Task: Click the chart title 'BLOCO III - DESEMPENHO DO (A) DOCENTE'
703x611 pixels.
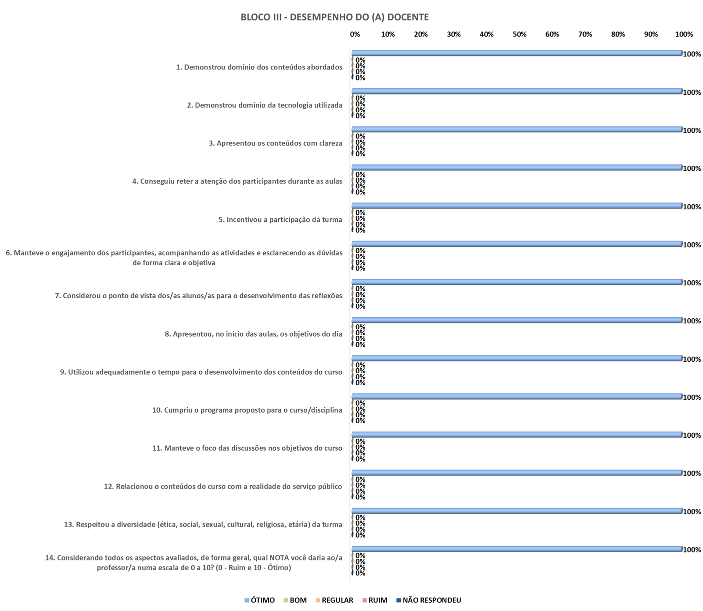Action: (x=334, y=17)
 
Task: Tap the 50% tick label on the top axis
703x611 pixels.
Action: (x=519, y=34)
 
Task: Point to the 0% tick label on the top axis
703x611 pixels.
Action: (x=355, y=34)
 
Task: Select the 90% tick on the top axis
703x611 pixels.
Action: (x=651, y=34)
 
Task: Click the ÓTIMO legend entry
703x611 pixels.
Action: (x=259, y=600)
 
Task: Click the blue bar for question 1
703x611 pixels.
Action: (x=517, y=53)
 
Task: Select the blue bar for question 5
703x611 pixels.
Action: (x=517, y=205)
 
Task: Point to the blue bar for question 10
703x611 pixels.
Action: (x=517, y=396)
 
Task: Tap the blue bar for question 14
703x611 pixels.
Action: (x=517, y=549)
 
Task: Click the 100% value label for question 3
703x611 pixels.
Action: (x=692, y=130)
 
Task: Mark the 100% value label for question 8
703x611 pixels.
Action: (x=692, y=321)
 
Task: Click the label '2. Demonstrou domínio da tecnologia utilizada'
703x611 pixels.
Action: (x=264, y=105)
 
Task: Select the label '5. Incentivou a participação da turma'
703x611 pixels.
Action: (x=280, y=219)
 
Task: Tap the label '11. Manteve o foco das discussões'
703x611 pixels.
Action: (x=247, y=448)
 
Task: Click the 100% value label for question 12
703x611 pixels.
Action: (x=692, y=473)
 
